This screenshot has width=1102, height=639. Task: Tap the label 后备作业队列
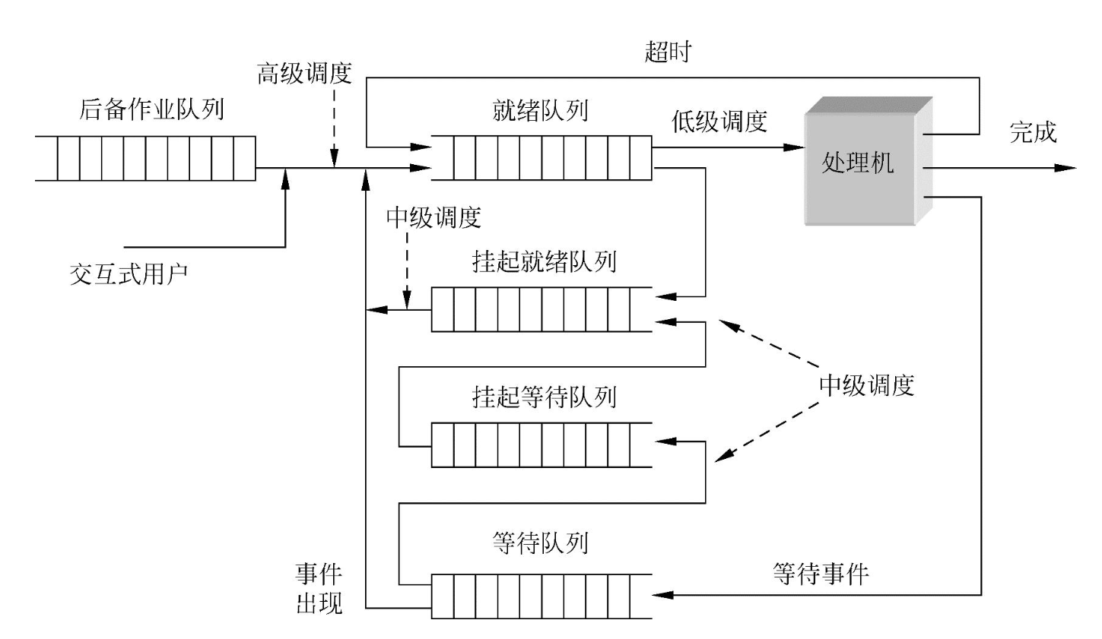[151, 109]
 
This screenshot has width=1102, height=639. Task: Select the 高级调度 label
[304, 74]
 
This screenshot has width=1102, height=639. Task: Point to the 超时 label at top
[668, 52]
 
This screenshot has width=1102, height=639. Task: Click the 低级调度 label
[719, 122]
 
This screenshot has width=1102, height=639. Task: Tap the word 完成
[1033, 132]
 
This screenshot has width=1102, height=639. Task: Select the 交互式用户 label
[129, 274]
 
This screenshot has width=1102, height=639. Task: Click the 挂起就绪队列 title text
[544, 262]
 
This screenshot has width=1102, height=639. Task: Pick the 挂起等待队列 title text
[544, 397]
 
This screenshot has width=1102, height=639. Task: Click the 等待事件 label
[821, 573]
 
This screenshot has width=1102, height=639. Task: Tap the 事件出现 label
[319, 588]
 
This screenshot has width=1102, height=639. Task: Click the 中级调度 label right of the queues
[866, 385]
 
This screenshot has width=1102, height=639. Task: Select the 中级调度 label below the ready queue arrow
[433, 218]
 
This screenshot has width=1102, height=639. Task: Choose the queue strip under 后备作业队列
[145, 158]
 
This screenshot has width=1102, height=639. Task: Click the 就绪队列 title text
[541, 111]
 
